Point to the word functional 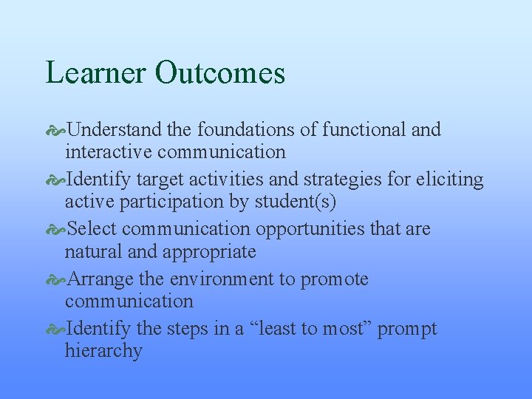pyautogui.click(x=364, y=130)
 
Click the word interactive pyautogui.click(x=109, y=152)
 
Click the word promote pyautogui.click(x=334, y=280)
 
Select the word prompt pyautogui.click(x=407, y=330)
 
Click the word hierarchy pyautogui.click(x=103, y=351)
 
